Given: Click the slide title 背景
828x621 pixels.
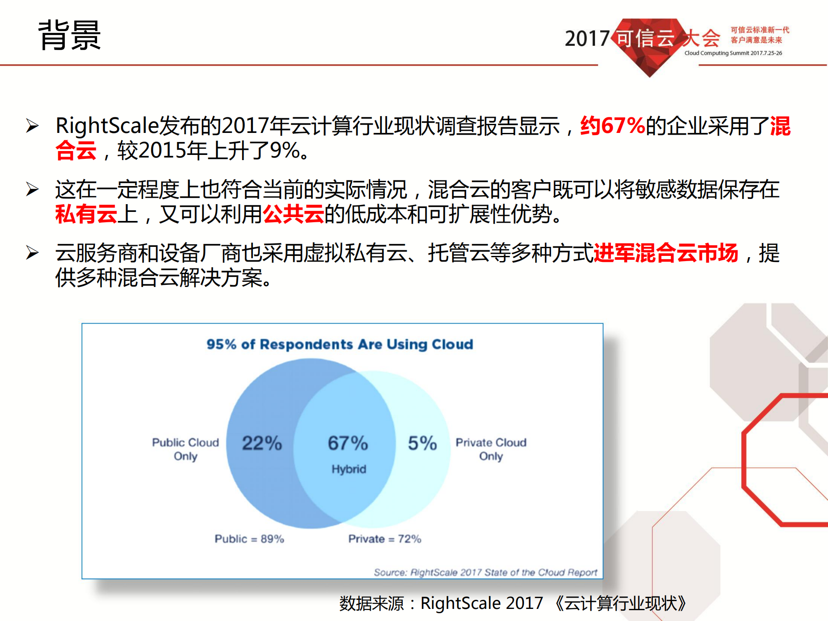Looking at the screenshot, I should click(69, 35).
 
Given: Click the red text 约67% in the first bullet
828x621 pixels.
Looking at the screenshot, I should click(612, 126).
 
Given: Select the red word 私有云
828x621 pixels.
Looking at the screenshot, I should click(86, 214).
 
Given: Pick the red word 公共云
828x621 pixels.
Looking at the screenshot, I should click(293, 214).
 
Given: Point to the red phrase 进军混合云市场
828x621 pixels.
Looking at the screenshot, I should click(666, 253).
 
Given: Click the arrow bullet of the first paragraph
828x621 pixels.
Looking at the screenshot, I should click(32, 126).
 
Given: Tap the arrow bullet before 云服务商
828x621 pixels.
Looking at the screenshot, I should click(32, 253).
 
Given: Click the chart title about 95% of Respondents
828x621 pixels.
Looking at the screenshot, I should click(340, 344).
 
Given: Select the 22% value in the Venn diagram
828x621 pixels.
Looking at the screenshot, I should click(261, 443).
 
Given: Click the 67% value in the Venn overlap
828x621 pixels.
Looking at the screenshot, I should click(348, 443).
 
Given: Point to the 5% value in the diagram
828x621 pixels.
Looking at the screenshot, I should click(422, 443).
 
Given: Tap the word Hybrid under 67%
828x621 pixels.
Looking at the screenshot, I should click(349, 469).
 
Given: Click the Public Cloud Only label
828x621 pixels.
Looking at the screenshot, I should click(186, 449).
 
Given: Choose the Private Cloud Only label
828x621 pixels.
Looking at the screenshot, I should click(491, 449).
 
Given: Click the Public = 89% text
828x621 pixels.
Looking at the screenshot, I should click(249, 539).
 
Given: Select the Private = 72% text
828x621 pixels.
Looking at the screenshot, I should click(384, 539).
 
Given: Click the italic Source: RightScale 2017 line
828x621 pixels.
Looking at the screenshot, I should click(485, 572).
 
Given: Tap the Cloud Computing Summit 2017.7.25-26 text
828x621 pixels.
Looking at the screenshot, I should click(733, 53).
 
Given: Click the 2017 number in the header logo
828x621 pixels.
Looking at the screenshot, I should click(587, 39).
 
